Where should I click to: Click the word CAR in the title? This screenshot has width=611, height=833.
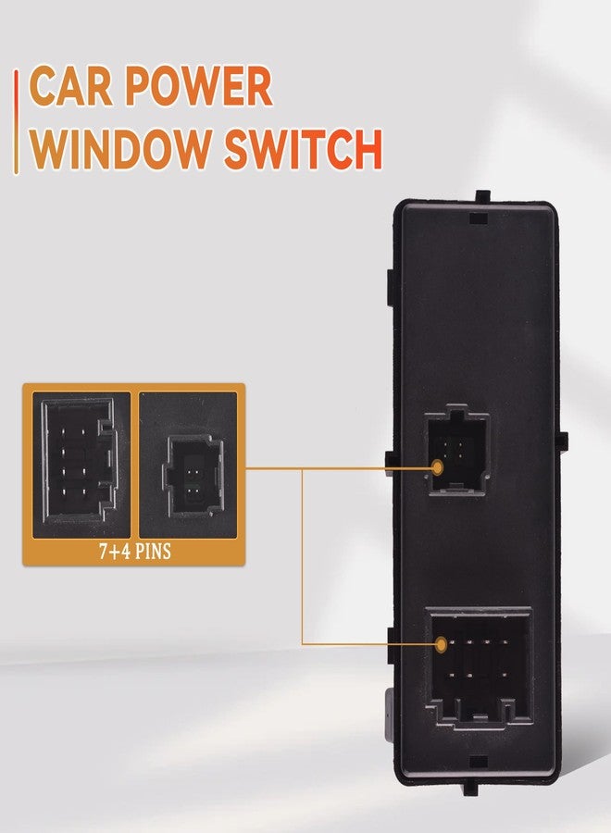coord(71,86)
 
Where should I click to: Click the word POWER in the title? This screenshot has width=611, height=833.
coord(199,86)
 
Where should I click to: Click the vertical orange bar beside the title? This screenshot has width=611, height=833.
coord(17,122)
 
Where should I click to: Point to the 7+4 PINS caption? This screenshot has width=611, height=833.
coord(135,552)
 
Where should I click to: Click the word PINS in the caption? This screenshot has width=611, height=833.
coord(153,552)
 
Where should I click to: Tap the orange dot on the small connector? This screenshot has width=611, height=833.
coord(437,467)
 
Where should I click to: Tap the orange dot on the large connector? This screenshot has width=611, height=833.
coord(441,644)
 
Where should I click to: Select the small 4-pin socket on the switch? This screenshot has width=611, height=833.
coord(458,450)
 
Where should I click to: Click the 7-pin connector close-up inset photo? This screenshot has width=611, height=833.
coord(81,465)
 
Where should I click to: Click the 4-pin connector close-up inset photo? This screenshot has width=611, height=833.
coord(188,465)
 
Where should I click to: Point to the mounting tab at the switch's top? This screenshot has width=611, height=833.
coord(482,195)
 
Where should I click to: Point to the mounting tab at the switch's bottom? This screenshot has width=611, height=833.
coord(470,788)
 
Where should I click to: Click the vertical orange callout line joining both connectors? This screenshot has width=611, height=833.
coord(303,557)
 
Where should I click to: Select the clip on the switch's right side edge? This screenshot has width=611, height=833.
coord(561,440)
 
